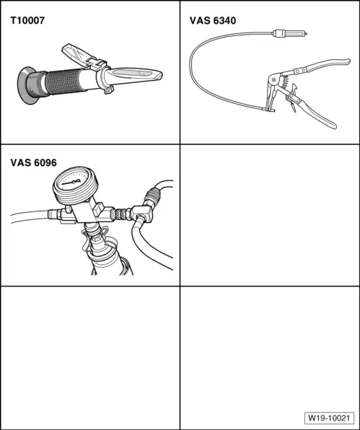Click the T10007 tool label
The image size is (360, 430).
coord(27,21)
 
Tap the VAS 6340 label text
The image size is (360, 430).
coord(213,21)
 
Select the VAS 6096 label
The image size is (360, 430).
coord(34,162)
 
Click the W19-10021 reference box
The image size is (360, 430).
coord(329,418)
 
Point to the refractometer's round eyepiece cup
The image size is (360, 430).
coord(26,85)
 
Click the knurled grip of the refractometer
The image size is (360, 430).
coord(64,82)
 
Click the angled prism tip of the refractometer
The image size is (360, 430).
coord(134,75)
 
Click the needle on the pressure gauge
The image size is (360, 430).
coord(72,182)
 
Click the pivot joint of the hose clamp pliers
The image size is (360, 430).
coord(273,80)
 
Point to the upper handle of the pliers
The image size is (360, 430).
coord(318,66)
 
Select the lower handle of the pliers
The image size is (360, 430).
coord(315,113)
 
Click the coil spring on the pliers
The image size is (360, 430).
coord(285,82)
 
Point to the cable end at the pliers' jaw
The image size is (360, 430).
coord(268,110)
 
